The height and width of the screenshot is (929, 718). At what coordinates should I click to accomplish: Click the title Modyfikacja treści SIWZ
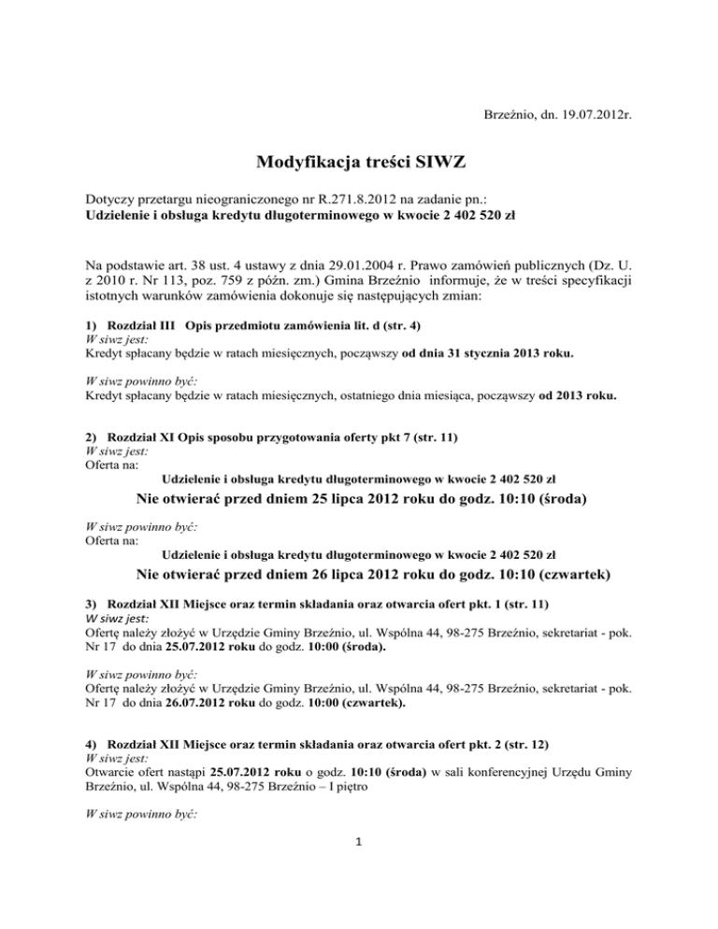tap(358, 165)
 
